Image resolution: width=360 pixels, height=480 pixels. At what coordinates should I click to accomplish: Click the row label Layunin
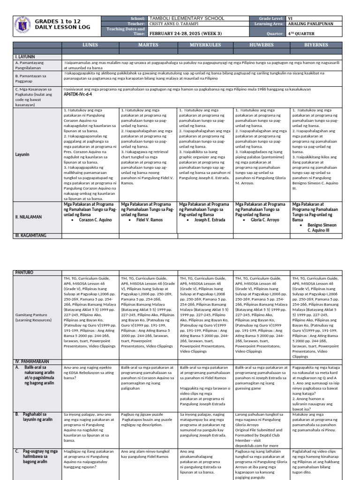(23, 154)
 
